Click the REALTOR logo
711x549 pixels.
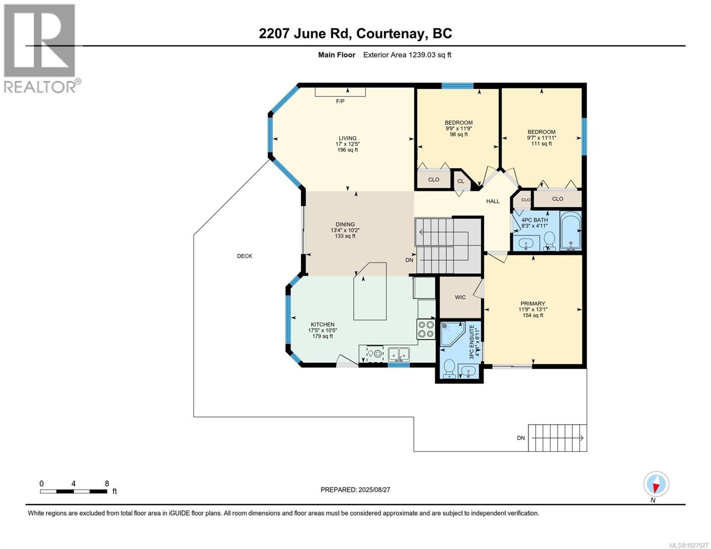(x=40, y=48)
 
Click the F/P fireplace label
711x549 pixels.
(x=340, y=101)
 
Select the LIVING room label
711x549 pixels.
(x=347, y=138)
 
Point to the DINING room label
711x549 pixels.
(x=345, y=225)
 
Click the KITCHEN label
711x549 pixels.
(x=323, y=324)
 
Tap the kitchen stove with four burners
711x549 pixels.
(x=425, y=329)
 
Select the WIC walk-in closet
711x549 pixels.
(x=460, y=297)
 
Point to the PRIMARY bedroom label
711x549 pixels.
(x=532, y=303)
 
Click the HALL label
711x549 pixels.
(x=493, y=201)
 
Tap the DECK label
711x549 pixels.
(x=244, y=256)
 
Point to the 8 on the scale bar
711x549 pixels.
(x=107, y=484)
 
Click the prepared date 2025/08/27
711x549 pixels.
(x=355, y=490)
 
